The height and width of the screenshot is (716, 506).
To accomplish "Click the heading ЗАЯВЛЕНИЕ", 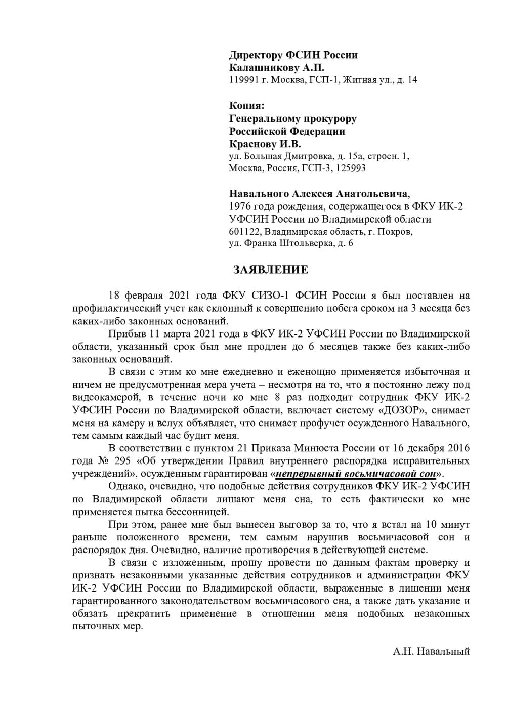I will pyautogui.click(x=271, y=270).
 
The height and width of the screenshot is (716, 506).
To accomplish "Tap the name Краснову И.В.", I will pyautogui.click(x=265, y=144).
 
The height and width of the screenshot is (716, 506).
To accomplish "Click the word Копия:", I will pyautogui.click(x=246, y=106).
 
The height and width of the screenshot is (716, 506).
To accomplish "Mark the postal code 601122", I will pyautogui.click(x=245, y=232).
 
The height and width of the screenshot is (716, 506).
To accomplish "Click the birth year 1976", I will pyautogui.click(x=240, y=206).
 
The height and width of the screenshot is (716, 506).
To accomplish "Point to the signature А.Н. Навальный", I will pyautogui.click(x=431, y=651).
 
